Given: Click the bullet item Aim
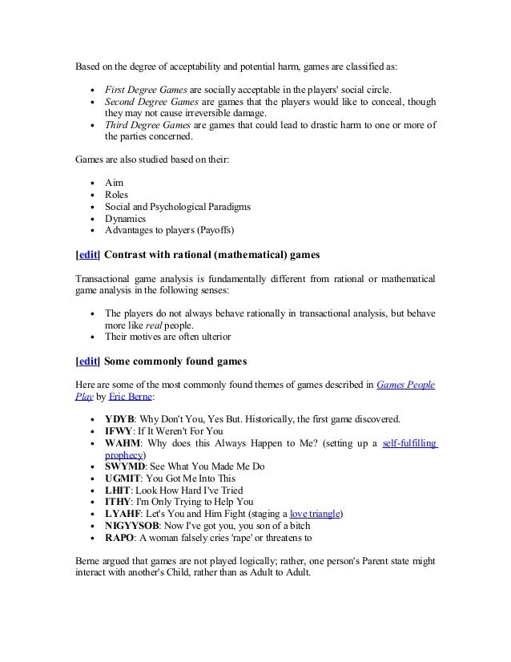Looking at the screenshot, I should pyautogui.click(x=114, y=184).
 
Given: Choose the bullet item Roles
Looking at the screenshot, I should pyautogui.click(x=118, y=195).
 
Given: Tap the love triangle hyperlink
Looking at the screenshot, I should pyautogui.click(x=315, y=514).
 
